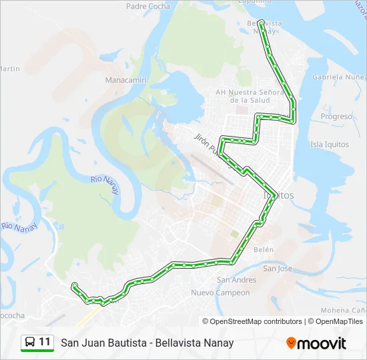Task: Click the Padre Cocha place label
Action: (147, 6)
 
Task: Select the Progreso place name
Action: (336, 116)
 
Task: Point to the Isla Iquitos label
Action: (330, 144)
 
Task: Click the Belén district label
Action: (264, 249)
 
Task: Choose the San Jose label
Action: (278, 269)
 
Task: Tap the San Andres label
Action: (236, 280)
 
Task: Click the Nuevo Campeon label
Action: (220, 293)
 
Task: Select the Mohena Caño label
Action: (343, 311)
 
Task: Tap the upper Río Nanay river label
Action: (105, 184)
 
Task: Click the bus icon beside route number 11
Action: (30, 343)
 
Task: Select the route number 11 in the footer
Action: (45, 342)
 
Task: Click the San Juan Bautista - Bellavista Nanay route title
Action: (147, 343)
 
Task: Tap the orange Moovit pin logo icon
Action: (291, 343)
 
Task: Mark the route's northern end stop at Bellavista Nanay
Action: (261, 22)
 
